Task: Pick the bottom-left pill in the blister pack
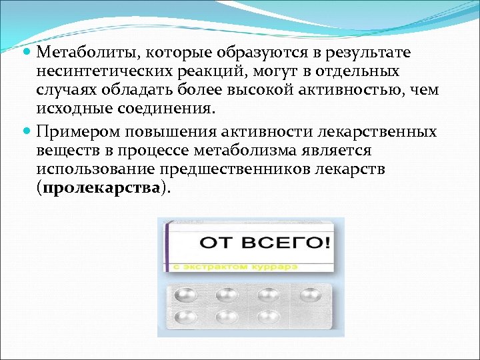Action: tap(183, 317)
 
